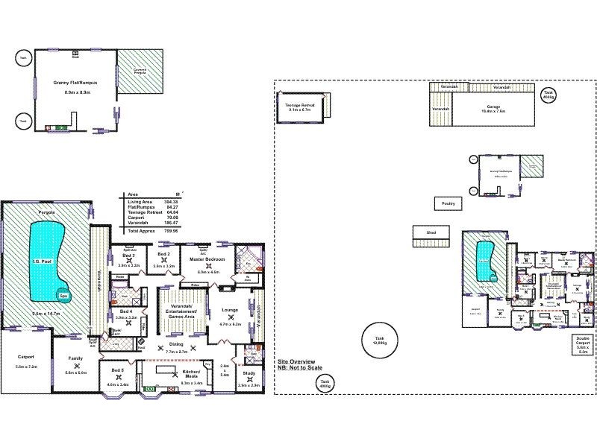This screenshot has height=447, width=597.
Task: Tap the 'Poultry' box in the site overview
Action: click(448, 203)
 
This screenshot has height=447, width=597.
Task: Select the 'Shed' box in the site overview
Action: click(431, 233)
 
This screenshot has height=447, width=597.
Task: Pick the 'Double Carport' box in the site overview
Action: click(583, 345)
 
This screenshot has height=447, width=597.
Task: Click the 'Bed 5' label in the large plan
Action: click(117, 370)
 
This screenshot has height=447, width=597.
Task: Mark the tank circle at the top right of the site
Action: click(548, 95)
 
